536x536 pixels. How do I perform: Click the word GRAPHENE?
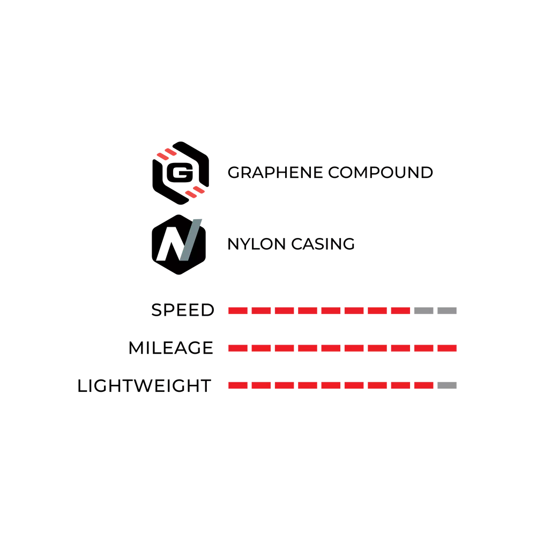(x=275, y=173)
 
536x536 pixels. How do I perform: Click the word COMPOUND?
(x=381, y=173)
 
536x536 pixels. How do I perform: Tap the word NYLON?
(x=256, y=244)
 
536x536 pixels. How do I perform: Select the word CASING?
(x=323, y=244)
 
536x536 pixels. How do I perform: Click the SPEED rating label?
(x=183, y=310)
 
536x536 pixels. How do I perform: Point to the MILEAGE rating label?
(x=171, y=348)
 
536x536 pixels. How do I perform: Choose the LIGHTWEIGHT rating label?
(x=144, y=385)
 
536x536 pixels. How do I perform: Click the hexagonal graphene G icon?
(x=181, y=173)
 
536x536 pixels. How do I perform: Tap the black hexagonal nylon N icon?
(x=179, y=244)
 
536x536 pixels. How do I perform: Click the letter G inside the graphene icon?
(x=180, y=173)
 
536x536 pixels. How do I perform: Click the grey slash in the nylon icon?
(x=190, y=240)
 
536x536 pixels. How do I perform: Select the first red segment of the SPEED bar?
(x=238, y=310)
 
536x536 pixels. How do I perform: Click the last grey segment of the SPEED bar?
(x=447, y=310)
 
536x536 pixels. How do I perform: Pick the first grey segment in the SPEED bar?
(x=424, y=310)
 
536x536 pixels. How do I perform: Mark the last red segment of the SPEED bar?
(x=400, y=310)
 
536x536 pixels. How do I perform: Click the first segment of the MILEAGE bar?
(x=238, y=348)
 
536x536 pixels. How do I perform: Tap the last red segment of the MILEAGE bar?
(x=447, y=348)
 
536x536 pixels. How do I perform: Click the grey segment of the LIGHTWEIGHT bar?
(x=447, y=385)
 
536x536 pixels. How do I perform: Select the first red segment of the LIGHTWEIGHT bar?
(x=238, y=385)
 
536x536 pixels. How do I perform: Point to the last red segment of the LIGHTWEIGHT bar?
(x=424, y=385)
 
